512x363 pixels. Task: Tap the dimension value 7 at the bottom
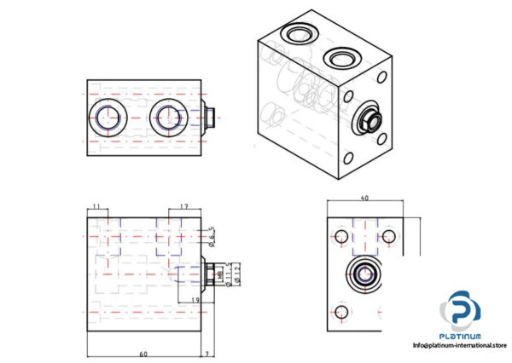click(x=207, y=352)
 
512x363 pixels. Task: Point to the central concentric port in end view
click(x=366, y=275)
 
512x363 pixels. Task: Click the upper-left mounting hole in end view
click(x=342, y=235)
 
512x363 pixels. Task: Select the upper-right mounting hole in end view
click(x=390, y=235)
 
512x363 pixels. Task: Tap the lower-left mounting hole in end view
click(x=342, y=311)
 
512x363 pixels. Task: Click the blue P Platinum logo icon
click(x=460, y=308)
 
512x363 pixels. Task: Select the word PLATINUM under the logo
click(x=460, y=336)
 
